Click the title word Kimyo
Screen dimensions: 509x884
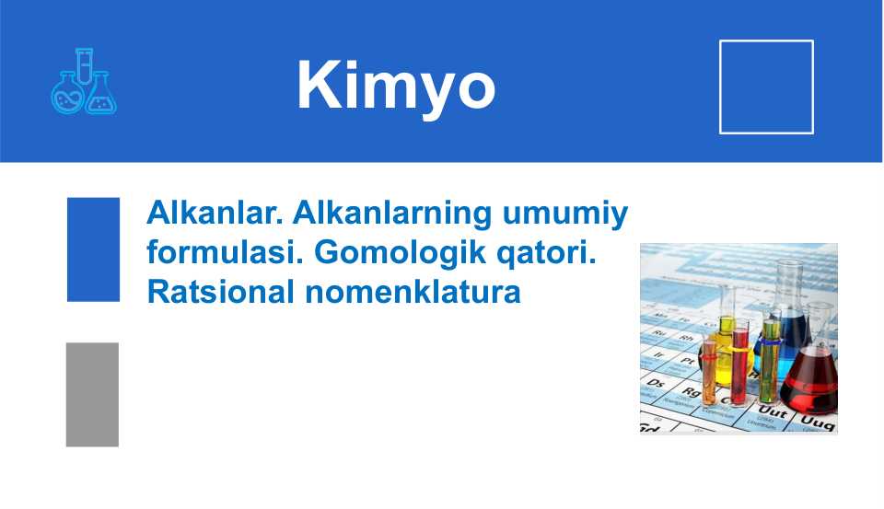[x=396, y=86]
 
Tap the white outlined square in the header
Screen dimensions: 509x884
[x=765, y=87]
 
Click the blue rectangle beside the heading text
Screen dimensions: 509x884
[x=93, y=249]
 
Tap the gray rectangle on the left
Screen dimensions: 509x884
[x=92, y=394]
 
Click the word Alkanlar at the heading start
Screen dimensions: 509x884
[x=215, y=214]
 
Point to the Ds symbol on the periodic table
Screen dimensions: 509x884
[x=657, y=381]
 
